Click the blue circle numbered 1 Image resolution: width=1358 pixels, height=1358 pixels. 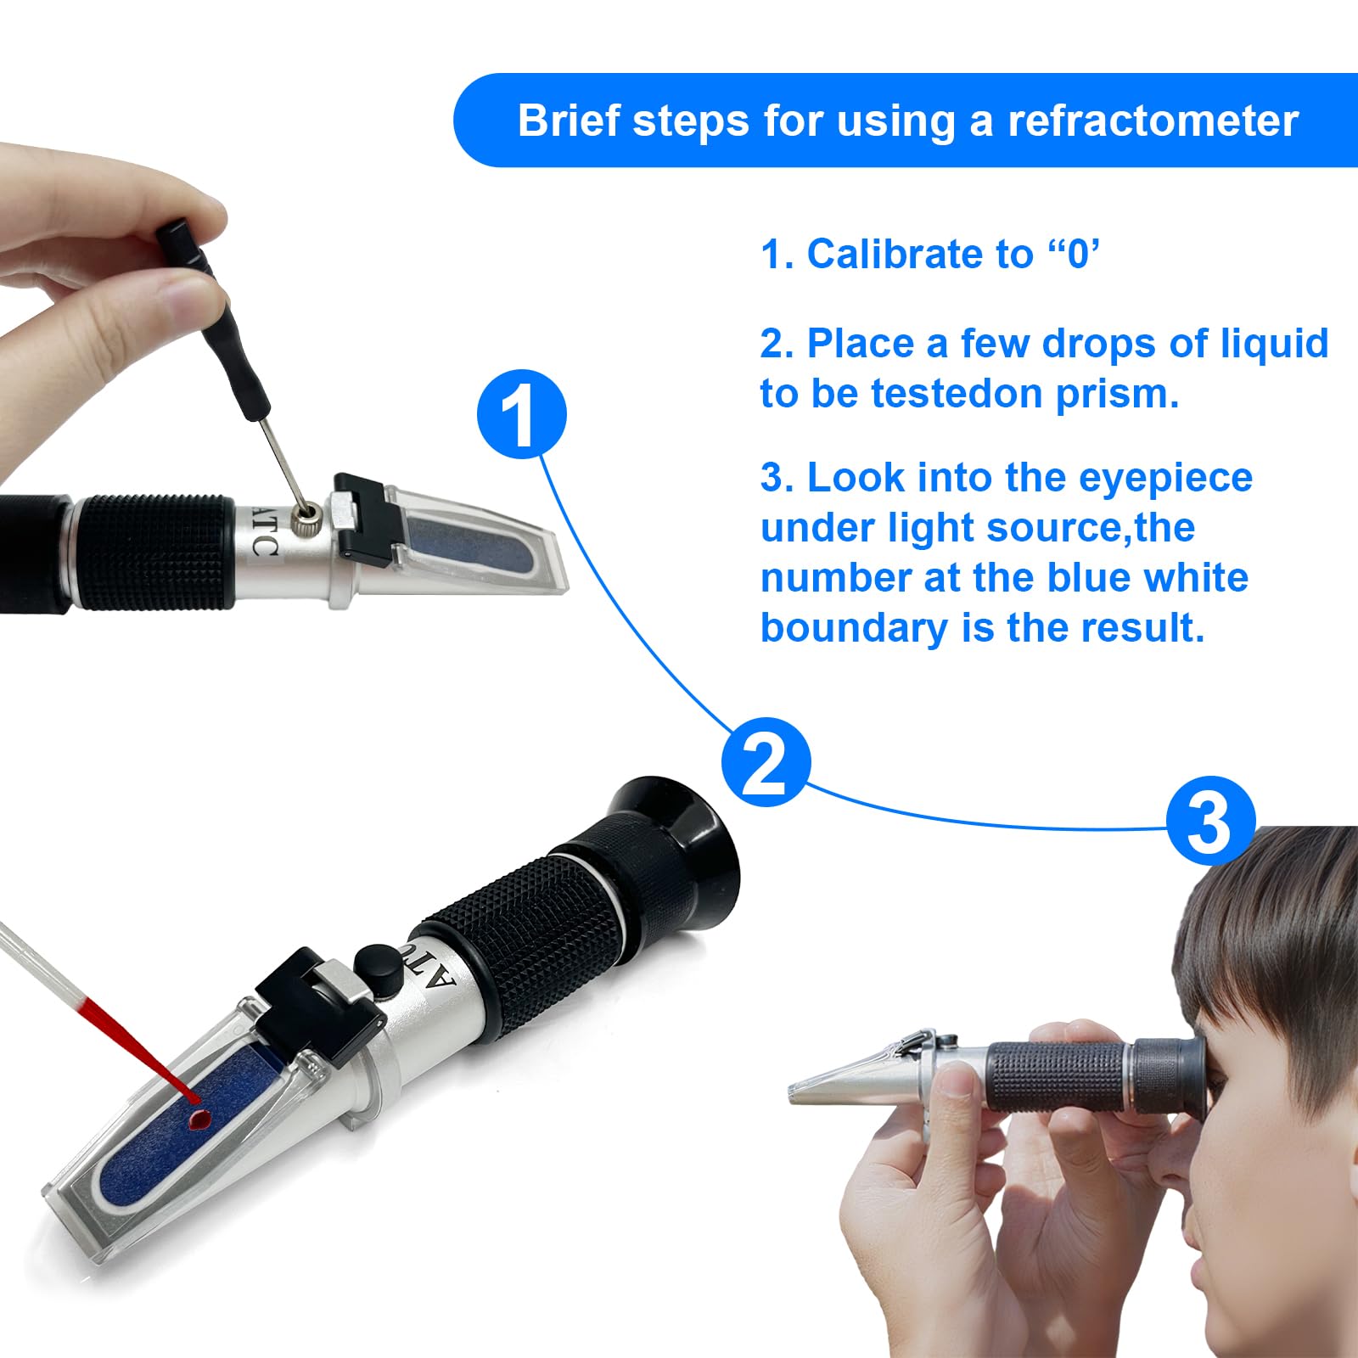(521, 414)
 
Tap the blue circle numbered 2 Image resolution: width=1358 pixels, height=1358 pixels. (766, 762)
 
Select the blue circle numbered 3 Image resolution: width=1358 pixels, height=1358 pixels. (1210, 822)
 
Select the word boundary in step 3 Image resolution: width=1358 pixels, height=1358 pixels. (855, 629)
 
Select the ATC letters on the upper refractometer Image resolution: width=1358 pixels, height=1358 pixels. (264, 532)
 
